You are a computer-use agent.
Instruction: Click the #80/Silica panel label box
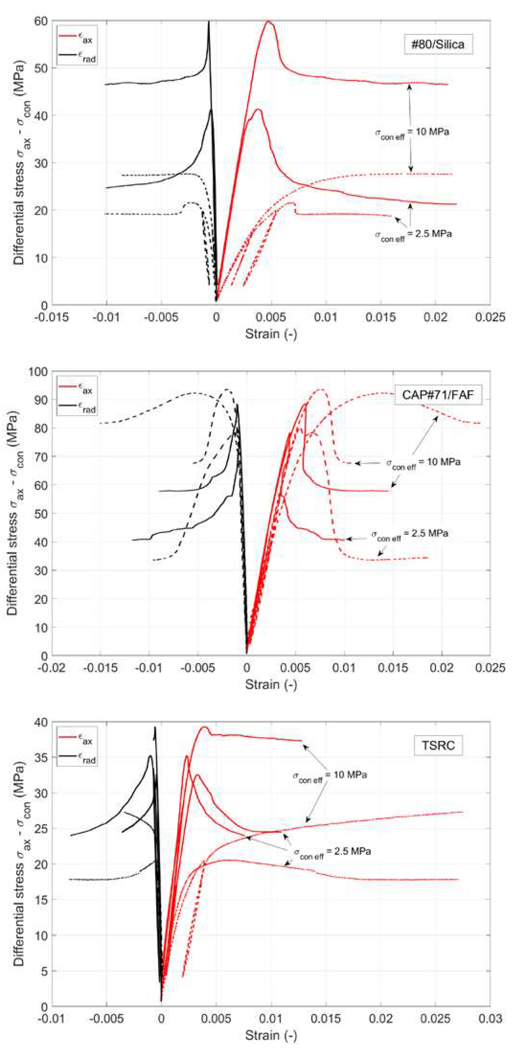[438, 44]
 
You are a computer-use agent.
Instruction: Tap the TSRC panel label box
[438, 745]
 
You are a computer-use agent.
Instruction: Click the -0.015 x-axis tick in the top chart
[52, 317]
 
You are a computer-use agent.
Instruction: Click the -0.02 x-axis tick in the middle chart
[52, 668]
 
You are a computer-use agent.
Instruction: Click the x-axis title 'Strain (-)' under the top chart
[271, 334]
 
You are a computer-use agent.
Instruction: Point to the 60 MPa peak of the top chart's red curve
[269, 21]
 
